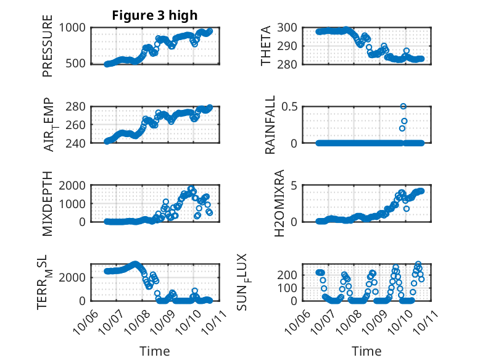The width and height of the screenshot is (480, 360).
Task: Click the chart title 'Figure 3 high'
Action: click(154, 15)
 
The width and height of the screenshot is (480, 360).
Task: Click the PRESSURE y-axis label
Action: click(48, 46)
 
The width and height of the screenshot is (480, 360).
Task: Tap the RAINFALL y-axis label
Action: click(270, 125)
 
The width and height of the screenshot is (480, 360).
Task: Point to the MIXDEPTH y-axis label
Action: click(48, 203)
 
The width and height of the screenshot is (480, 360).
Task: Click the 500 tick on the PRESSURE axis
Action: click(78, 64)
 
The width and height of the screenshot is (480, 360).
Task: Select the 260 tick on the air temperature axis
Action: click(78, 125)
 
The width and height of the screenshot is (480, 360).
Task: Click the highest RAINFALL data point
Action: click(403, 106)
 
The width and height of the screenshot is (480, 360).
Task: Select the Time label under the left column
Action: click(154, 351)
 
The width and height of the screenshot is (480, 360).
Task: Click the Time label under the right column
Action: click(366, 351)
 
